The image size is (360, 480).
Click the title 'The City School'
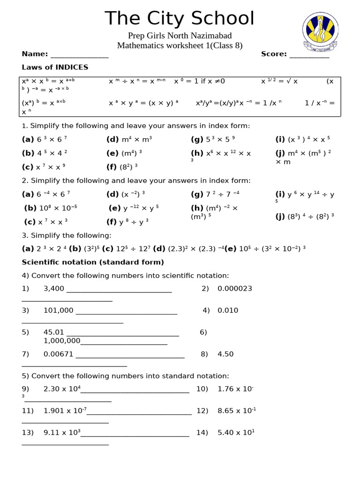click(180, 19)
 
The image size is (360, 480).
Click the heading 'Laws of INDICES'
click(55, 67)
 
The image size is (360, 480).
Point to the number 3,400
click(54, 289)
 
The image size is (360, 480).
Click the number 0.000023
click(235, 289)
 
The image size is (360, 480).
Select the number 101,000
click(59, 310)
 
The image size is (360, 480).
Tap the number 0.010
click(228, 310)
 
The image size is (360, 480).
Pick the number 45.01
click(53, 332)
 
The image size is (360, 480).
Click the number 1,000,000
click(62, 341)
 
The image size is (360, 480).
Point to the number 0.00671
click(59, 354)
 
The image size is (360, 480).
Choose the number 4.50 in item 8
click(225, 354)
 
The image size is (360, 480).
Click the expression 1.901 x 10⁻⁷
click(65, 411)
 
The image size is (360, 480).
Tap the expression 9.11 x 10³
click(62, 433)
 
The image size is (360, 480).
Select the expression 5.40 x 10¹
click(236, 433)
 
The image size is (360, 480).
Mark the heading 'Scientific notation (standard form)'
click(93, 262)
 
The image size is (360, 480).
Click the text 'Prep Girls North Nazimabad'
click(180, 36)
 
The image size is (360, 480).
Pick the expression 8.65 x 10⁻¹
click(237, 411)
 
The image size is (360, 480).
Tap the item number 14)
click(202, 433)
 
